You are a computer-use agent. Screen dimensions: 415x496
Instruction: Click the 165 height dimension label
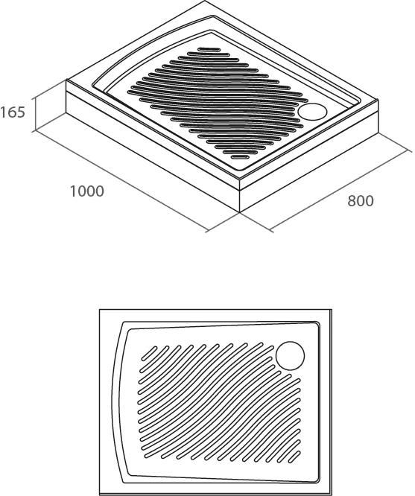click(13, 112)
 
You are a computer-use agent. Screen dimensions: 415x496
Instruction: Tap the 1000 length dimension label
click(86, 191)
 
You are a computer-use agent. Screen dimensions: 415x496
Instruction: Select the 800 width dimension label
click(361, 201)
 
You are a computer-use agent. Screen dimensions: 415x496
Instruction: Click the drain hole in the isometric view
click(312, 112)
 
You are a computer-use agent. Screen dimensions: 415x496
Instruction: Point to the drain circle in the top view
click(290, 355)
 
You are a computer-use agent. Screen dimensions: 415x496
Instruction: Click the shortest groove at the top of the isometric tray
click(209, 49)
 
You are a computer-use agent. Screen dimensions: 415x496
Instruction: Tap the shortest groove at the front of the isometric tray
click(240, 157)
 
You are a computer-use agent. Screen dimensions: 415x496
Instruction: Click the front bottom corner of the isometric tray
click(240, 212)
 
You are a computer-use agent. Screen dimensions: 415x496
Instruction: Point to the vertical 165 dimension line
click(35, 113)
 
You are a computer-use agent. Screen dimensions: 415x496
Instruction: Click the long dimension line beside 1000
click(121, 181)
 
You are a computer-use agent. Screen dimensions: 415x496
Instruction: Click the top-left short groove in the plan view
click(149, 353)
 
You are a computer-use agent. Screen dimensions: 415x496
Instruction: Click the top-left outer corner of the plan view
click(100, 310)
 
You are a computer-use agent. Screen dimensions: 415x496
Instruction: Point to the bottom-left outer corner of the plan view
click(100, 495)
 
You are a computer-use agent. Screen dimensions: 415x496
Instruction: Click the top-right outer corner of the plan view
click(332, 310)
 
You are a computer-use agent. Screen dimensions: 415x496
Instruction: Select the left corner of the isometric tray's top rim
click(66, 80)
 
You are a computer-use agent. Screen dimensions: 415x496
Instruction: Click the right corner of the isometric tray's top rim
click(378, 101)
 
